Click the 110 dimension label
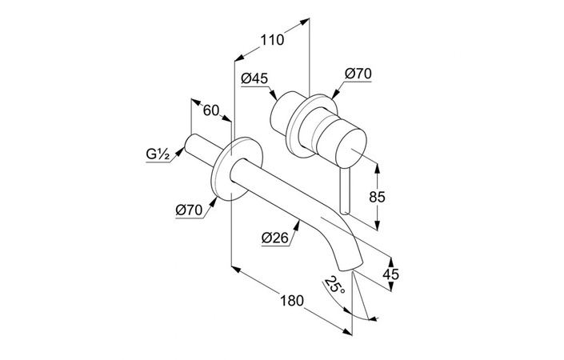(x=272, y=39)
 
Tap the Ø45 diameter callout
(x=254, y=78)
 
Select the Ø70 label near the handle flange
(x=358, y=74)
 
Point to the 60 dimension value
(x=210, y=110)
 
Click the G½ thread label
(x=158, y=154)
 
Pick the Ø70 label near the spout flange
(x=189, y=210)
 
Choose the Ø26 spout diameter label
(x=275, y=238)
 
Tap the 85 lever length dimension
(x=377, y=197)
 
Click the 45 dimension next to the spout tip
(x=390, y=274)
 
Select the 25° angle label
(x=334, y=285)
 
